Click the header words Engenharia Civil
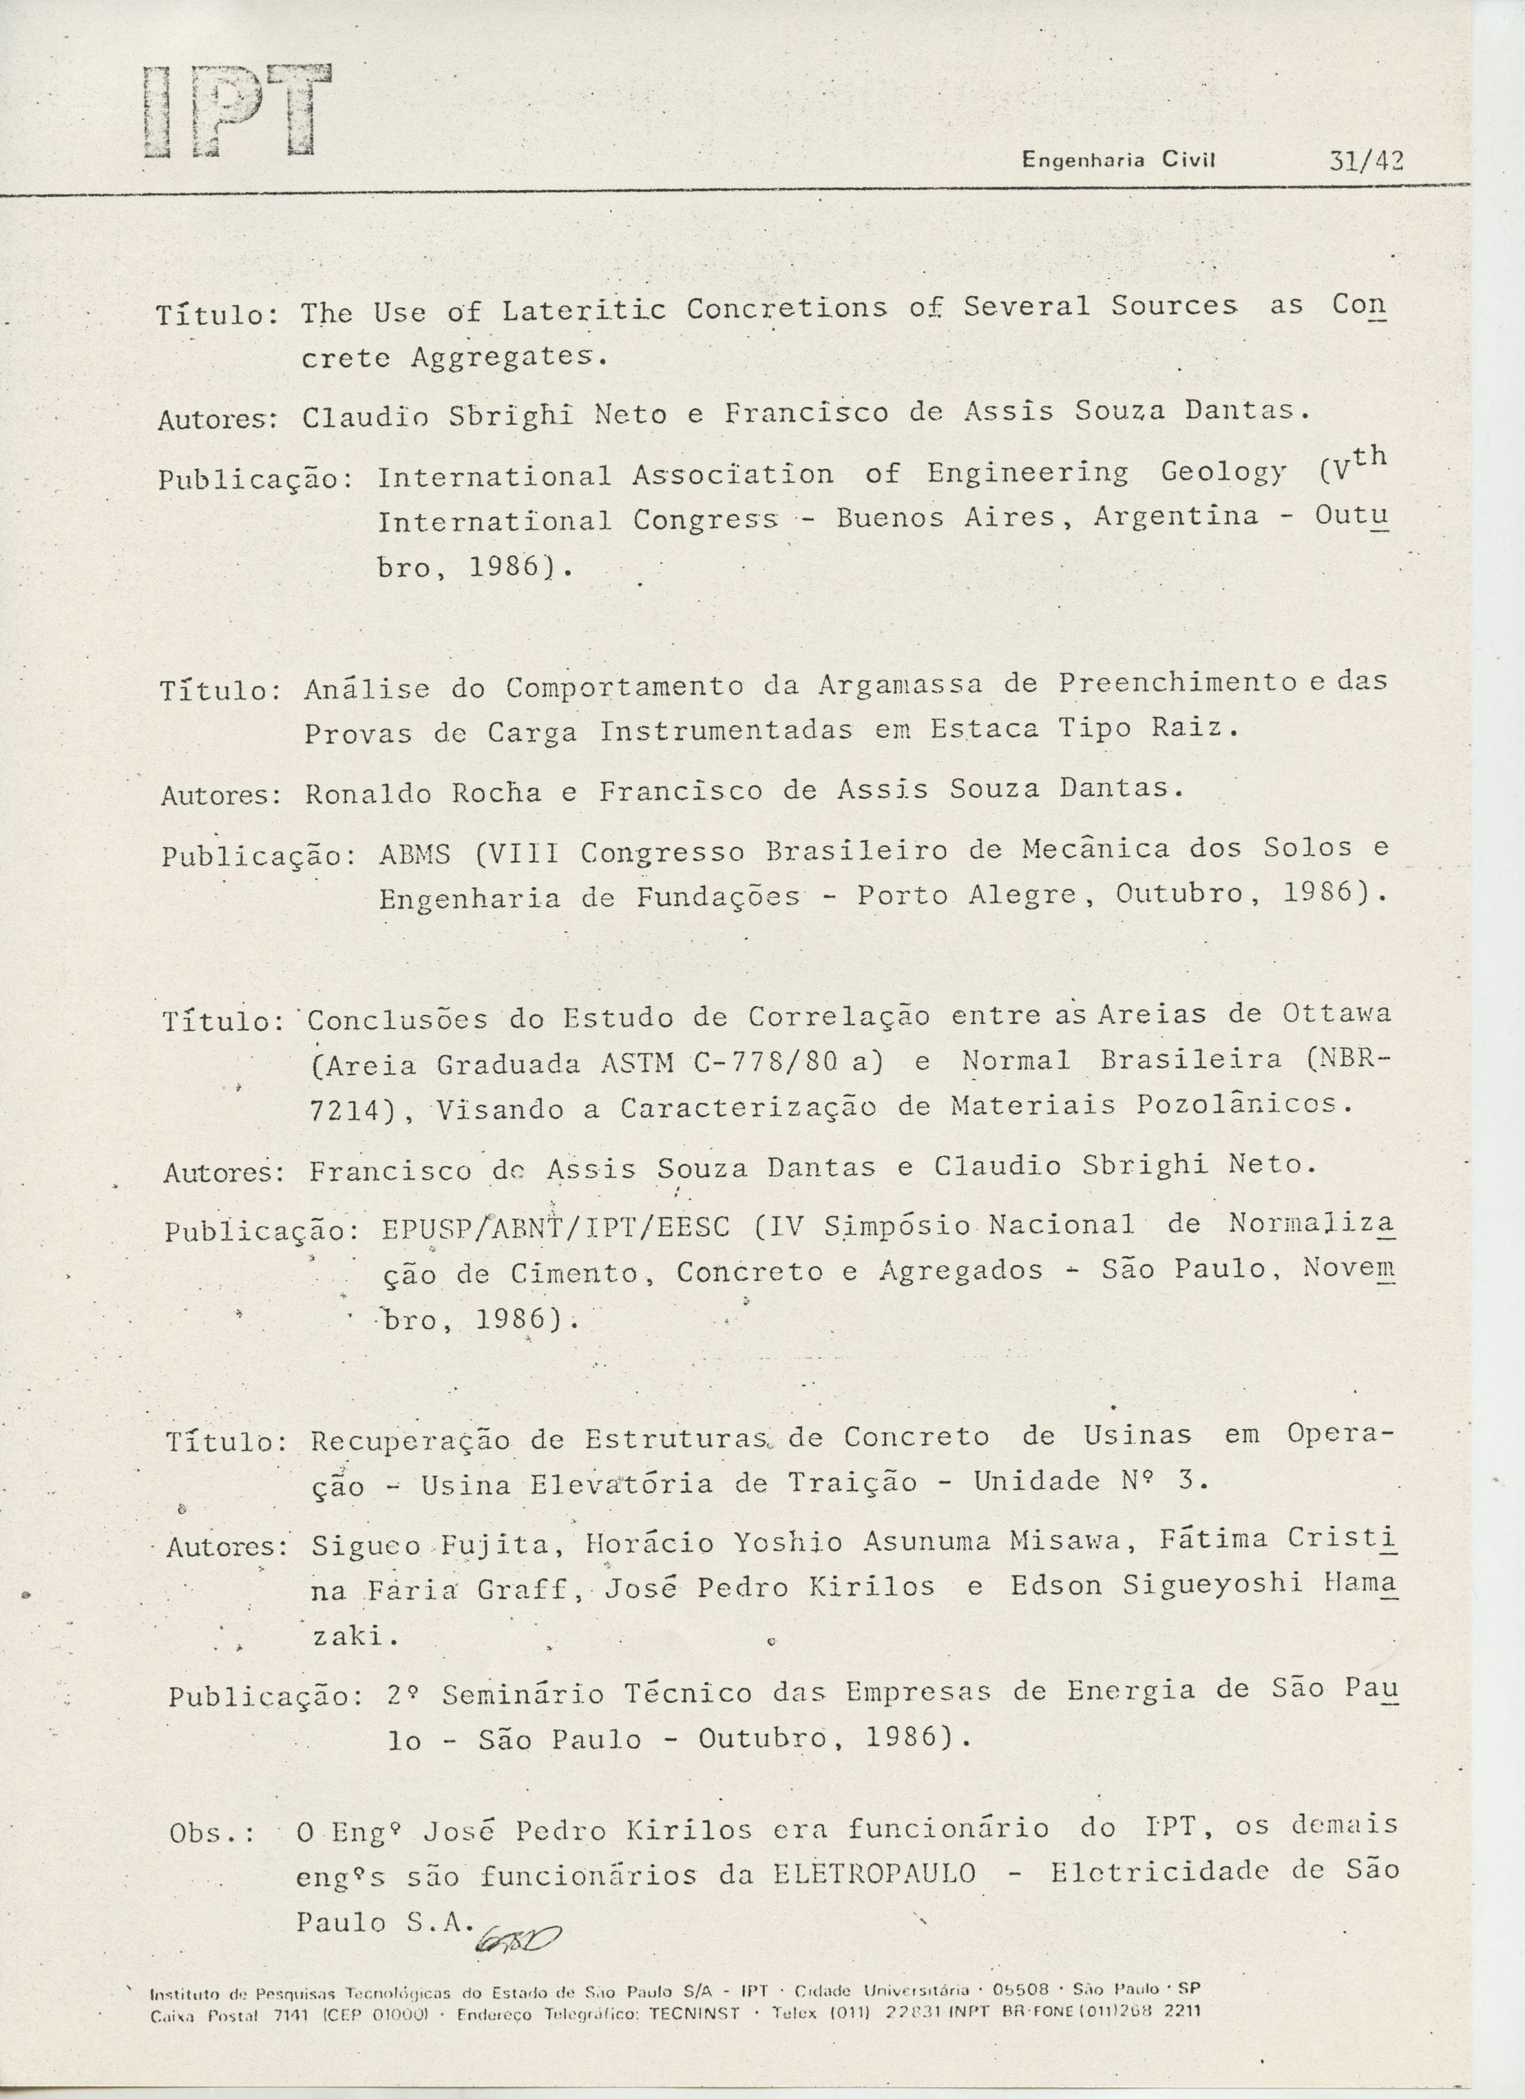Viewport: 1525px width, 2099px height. (x=1118, y=160)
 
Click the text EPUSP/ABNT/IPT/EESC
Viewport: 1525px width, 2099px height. (x=556, y=1228)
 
